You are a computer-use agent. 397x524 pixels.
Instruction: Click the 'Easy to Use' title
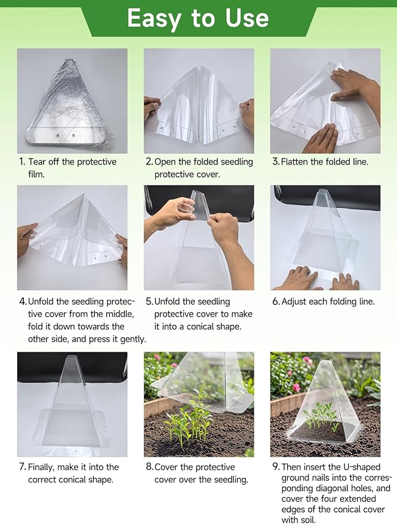(198, 18)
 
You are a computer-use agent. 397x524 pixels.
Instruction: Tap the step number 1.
(21, 162)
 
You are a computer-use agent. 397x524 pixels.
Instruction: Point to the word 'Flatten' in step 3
(298, 162)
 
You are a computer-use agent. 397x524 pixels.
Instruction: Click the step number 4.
(22, 302)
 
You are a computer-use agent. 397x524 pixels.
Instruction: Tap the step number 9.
(275, 467)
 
